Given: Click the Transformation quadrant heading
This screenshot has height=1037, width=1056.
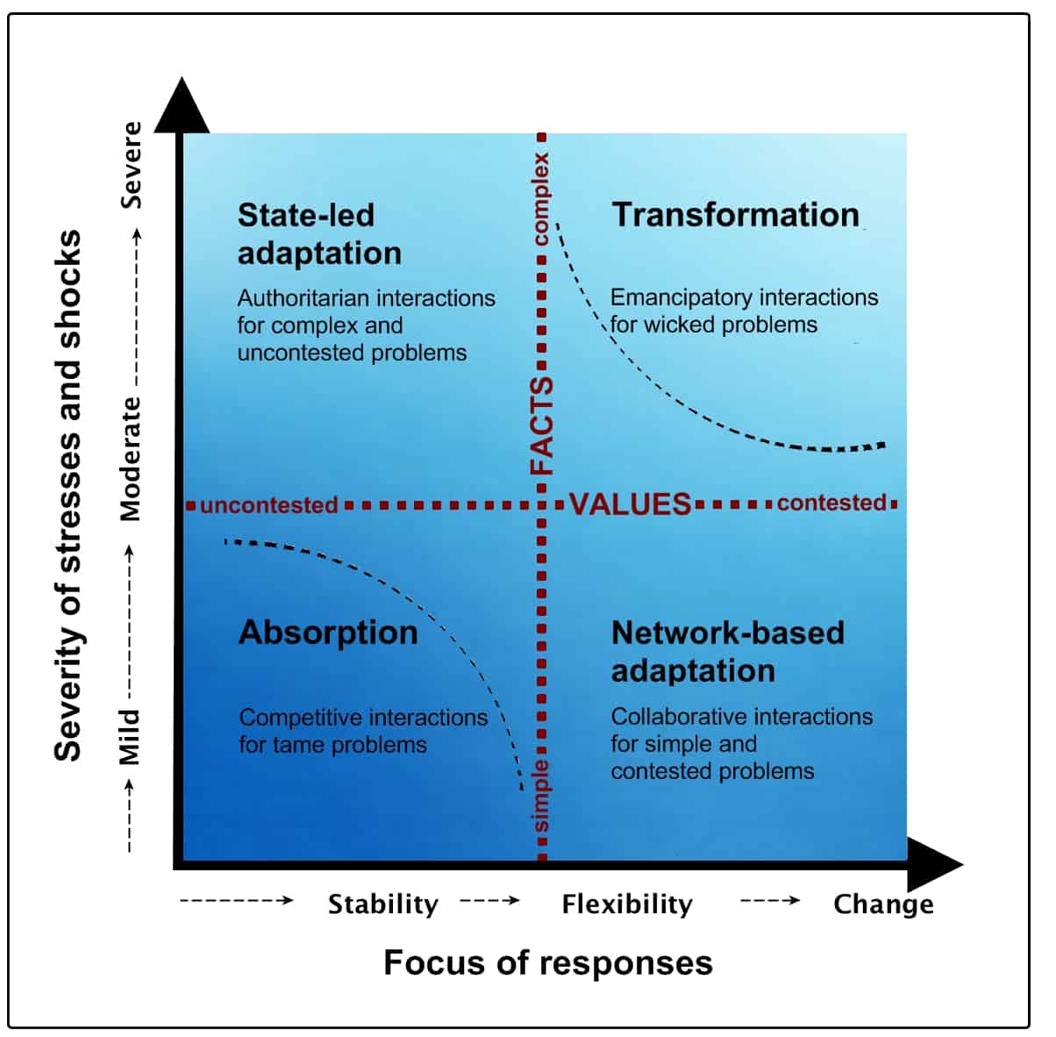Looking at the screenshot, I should pos(735,215).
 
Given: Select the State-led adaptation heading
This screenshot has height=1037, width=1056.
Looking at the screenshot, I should pos(319,234).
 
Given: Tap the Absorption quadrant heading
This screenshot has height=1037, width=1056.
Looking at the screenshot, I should pos(328,633).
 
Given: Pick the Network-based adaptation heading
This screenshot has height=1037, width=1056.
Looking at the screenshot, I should pos(727,651).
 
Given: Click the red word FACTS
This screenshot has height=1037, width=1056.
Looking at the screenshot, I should pos(542,426).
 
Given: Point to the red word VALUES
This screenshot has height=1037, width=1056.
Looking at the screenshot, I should pos(631,504).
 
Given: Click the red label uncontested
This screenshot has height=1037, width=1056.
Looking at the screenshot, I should pos(269,505).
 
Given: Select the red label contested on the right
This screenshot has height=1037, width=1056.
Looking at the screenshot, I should pos(831,503).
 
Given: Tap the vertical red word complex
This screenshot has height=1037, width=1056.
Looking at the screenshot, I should pos(541,199).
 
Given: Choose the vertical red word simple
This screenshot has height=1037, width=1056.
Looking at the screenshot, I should pos(542,796).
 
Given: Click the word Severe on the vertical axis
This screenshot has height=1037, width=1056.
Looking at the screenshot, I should pos(131,165).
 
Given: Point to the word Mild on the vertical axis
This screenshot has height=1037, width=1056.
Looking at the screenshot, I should pos(130,737).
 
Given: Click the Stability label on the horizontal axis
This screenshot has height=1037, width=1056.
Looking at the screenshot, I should pos(383,904).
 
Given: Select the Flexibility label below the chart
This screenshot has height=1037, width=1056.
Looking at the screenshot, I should pos(627,904).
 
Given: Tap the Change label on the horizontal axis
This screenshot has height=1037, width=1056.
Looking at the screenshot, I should pos(883,904).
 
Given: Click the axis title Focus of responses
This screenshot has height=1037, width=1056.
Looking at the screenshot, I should pos(548,962).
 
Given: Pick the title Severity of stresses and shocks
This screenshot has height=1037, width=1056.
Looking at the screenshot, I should pos(68,496).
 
